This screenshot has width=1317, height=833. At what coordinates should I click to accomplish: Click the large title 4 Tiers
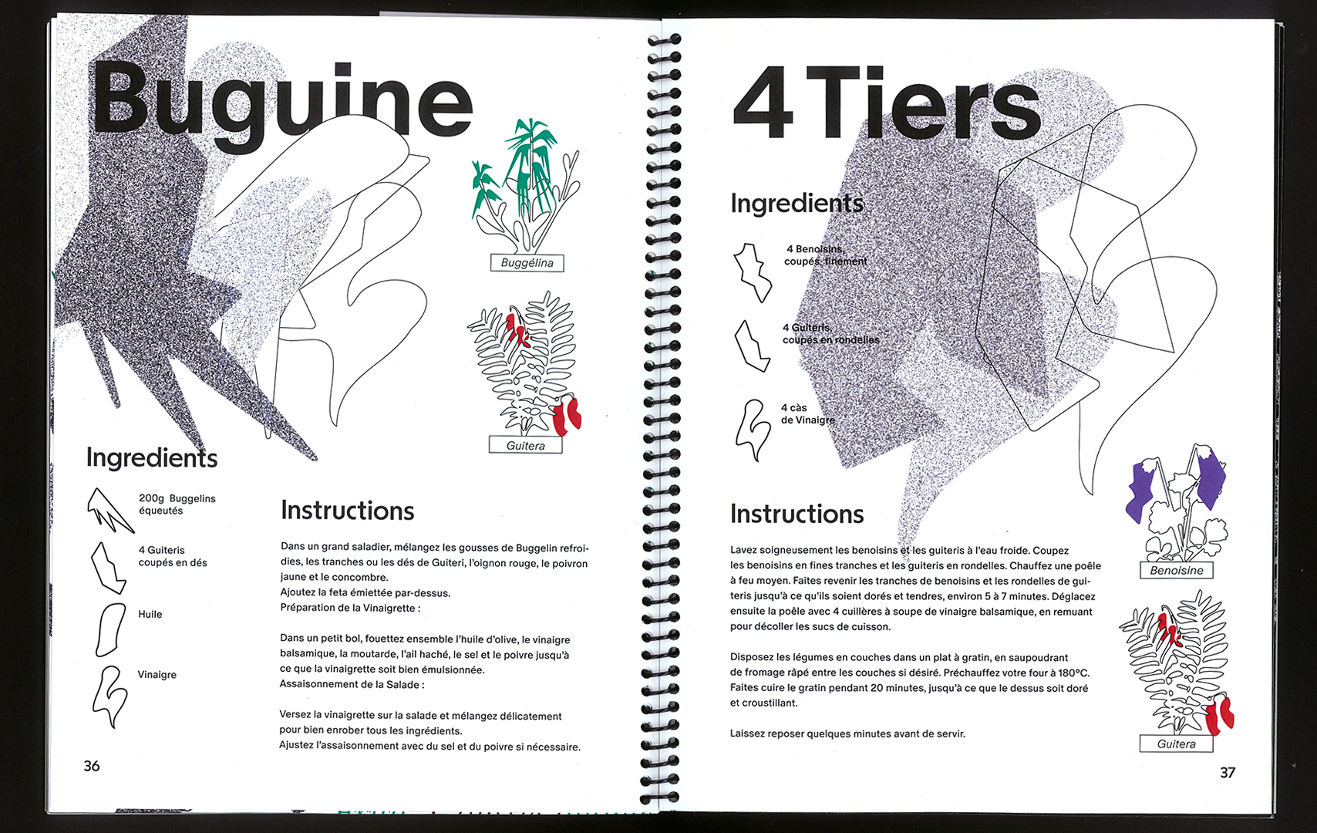887,104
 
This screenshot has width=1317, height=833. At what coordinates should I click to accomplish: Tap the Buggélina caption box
527,263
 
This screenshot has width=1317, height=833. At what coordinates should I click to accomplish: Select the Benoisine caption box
1176,571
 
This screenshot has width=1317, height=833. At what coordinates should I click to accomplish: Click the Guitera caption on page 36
525,446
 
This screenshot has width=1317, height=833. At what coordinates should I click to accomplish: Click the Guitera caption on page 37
1176,744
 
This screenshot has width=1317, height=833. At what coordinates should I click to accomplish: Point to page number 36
92,766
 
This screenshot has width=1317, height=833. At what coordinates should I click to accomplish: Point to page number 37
1228,772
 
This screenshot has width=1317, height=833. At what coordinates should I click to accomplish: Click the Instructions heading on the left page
347,511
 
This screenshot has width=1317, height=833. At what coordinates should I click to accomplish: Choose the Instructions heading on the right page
797,514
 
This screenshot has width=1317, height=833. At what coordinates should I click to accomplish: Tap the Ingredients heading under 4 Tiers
797,204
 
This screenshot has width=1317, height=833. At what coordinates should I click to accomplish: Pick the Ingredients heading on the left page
152,457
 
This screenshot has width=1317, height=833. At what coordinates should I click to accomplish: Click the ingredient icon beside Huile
109,629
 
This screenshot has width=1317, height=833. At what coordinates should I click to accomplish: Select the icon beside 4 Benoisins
752,272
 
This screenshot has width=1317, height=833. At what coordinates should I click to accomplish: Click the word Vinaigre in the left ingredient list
157,675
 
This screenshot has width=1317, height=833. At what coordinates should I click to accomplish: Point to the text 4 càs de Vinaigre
807,414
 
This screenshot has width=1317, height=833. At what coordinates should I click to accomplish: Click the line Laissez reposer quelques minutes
847,734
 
